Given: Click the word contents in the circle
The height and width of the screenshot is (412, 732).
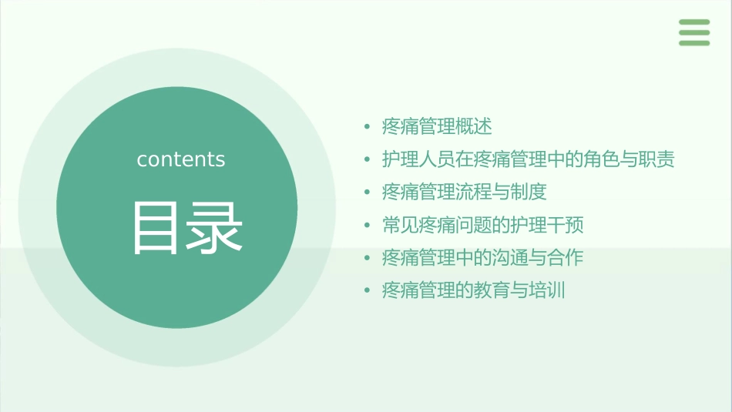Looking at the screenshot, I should click(181, 159).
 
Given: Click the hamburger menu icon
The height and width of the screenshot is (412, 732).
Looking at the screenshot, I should click(694, 32).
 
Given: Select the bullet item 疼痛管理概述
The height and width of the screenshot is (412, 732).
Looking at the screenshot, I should click(437, 126).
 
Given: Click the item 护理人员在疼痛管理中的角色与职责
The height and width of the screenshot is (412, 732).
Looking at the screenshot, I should click(529, 159).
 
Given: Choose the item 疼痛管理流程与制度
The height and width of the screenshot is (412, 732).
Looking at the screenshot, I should click(465, 192).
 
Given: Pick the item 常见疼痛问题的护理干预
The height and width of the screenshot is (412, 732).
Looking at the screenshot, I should click(483, 225).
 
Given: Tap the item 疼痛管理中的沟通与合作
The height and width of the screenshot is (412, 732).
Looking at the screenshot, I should click(483, 257).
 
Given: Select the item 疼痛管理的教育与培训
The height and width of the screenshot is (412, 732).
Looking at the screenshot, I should click(474, 290).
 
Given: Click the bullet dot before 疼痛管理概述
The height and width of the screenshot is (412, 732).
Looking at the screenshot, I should click(368, 126).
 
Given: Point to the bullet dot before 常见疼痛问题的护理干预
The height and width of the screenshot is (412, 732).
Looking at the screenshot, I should click(368, 225).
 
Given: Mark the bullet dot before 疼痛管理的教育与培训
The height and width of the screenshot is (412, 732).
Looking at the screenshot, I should click(368, 290).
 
